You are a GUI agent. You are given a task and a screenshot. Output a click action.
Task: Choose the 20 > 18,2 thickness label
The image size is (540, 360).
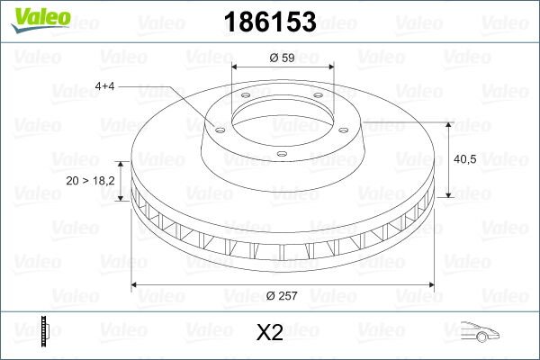pyautogui.click(x=90, y=181)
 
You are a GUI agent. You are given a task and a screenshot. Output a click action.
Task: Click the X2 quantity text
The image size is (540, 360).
pyautogui.click(x=270, y=332)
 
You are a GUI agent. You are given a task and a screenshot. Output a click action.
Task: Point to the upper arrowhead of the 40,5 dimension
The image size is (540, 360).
pyautogui.click(x=448, y=123)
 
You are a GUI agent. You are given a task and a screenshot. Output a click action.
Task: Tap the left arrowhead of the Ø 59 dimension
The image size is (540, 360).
pyautogui.click(x=236, y=68)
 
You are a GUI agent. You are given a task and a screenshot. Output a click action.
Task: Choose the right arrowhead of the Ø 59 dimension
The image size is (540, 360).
pyautogui.click(x=329, y=68)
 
